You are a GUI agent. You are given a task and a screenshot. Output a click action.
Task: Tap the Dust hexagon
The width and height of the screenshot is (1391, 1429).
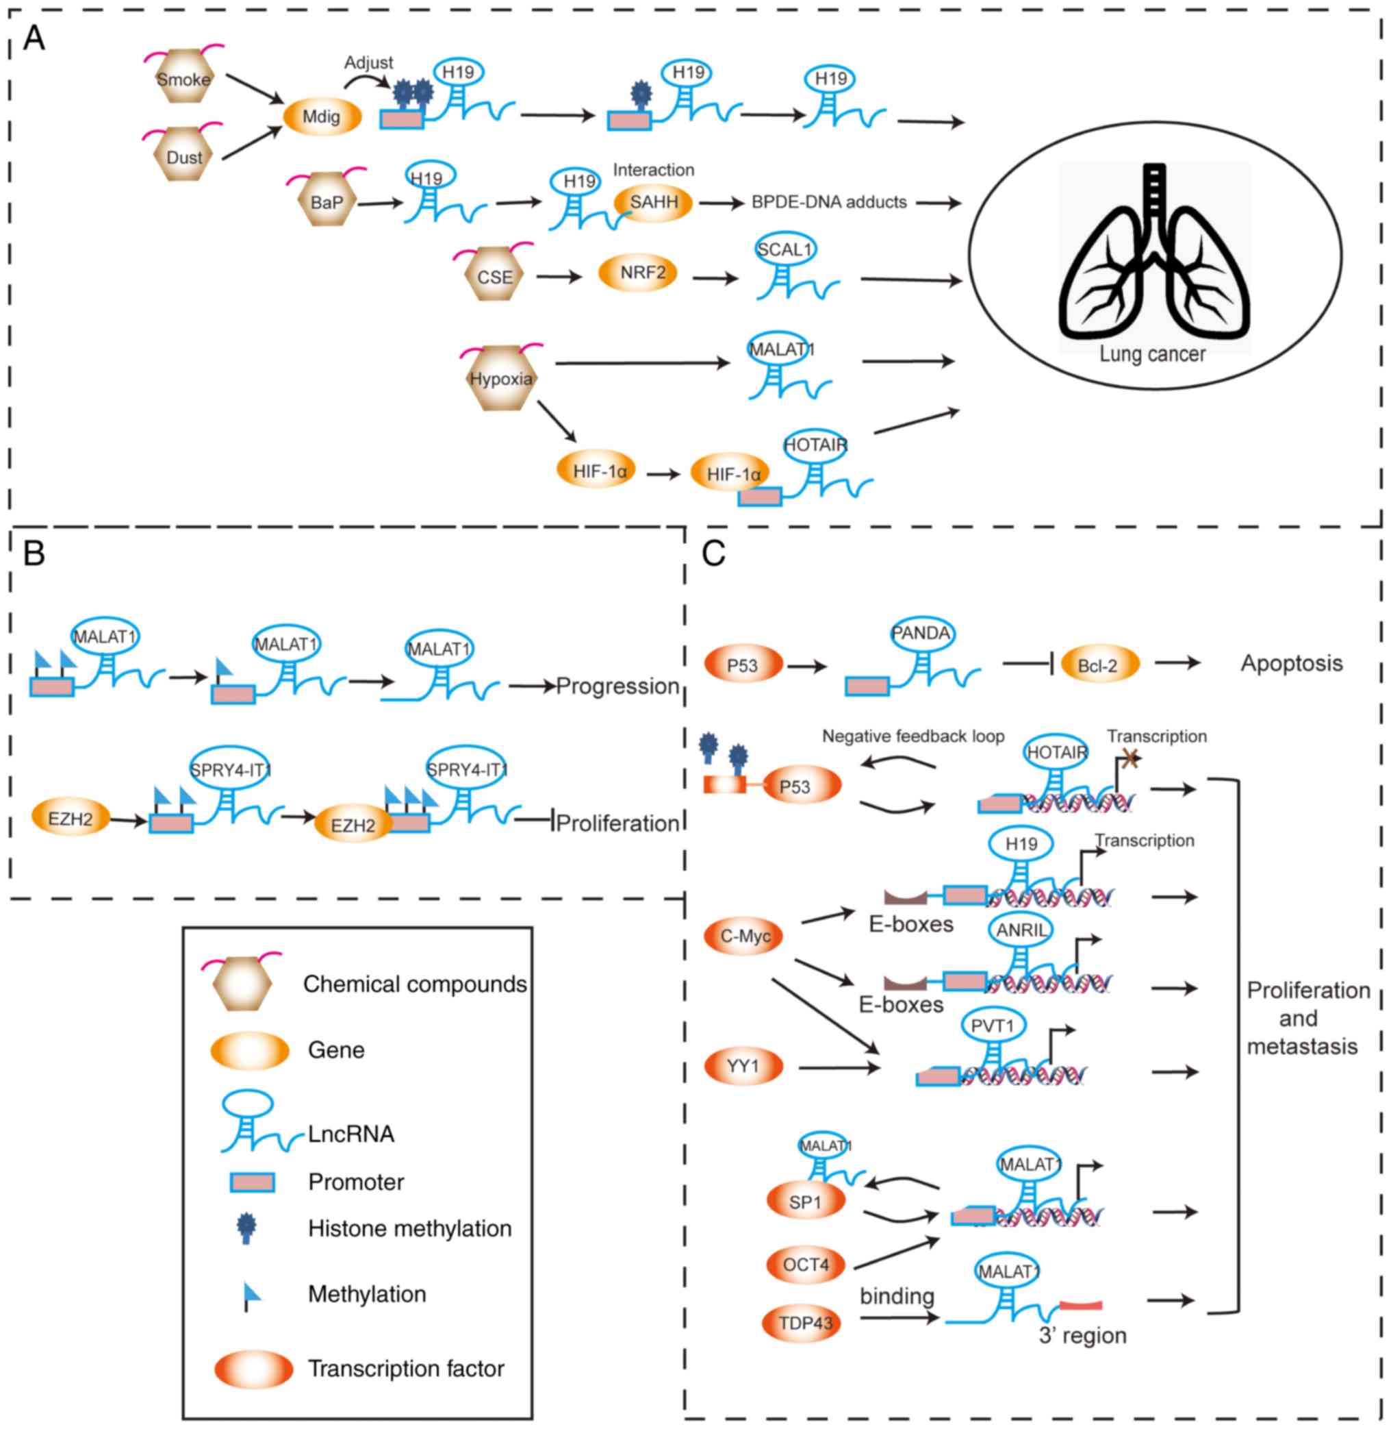click(x=184, y=156)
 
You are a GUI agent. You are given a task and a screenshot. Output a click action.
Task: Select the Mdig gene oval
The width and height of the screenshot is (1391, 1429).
click(x=322, y=116)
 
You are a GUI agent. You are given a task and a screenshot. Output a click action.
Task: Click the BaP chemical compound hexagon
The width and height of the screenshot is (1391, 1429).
click(x=327, y=201)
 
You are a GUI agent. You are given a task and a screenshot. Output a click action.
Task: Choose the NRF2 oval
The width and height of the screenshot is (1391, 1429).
click(x=643, y=273)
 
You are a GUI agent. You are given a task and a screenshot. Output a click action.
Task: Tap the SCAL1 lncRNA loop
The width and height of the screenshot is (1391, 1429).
click(x=784, y=250)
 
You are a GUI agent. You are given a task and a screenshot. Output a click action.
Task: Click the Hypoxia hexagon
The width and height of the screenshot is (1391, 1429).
click(x=500, y=378)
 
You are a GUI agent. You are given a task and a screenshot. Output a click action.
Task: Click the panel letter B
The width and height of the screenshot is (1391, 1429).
click(x=34, y=554)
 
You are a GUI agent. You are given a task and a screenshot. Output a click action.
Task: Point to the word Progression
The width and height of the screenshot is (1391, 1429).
click(x=617, y=686)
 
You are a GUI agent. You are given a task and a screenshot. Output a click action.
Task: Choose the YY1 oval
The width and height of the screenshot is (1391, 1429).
click(x=743, y=1067)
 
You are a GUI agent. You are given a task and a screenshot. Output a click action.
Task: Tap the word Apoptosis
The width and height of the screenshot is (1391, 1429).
click(x=1291, y=664)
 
